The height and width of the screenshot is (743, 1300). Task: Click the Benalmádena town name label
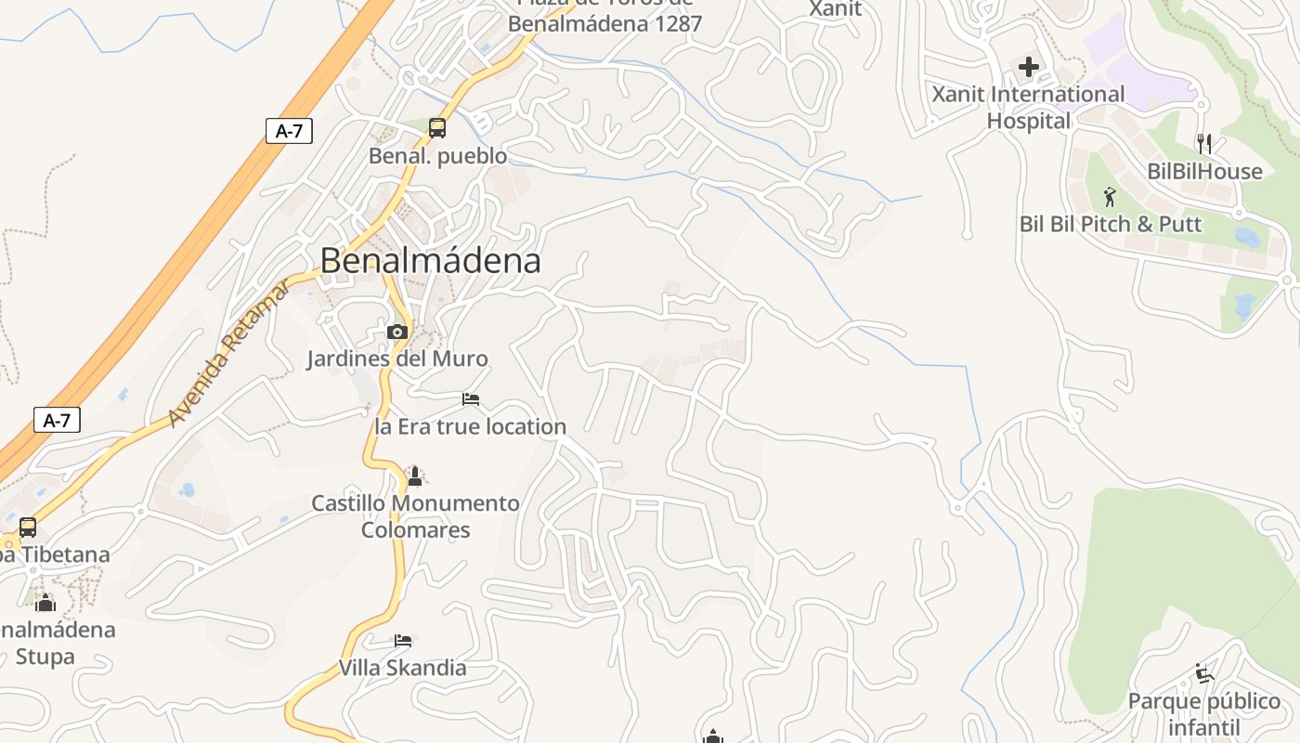point(431,261)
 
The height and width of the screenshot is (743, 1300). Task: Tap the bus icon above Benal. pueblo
point(437,128)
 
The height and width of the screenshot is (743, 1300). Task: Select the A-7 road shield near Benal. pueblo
point(289,131)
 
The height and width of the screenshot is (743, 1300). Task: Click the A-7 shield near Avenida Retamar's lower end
point(57,421)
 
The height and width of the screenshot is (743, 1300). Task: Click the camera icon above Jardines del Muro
point(397,332)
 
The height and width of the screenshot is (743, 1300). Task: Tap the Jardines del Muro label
point(397,358)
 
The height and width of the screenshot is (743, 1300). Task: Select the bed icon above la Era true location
point(471,399)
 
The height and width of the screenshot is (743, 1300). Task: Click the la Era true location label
point(470,427)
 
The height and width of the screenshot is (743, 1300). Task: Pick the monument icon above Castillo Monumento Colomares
point(415,476)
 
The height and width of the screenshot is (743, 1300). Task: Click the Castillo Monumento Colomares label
point(415,516)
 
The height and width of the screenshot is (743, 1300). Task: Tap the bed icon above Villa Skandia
point(403,641)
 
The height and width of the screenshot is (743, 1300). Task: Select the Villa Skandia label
point(402,668)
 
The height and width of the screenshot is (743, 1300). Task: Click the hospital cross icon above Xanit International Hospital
point(1029,67)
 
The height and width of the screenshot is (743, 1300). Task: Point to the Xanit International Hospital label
point(1028,108)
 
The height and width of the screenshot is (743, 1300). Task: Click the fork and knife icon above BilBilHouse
point(1204,144)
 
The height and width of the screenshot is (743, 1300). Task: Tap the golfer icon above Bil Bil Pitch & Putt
point(1110,197)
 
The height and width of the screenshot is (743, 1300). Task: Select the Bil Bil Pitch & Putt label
point(1111,224)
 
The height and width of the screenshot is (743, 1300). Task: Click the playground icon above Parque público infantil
point(1203,673)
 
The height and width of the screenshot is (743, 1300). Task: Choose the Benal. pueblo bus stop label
point(438,156)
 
